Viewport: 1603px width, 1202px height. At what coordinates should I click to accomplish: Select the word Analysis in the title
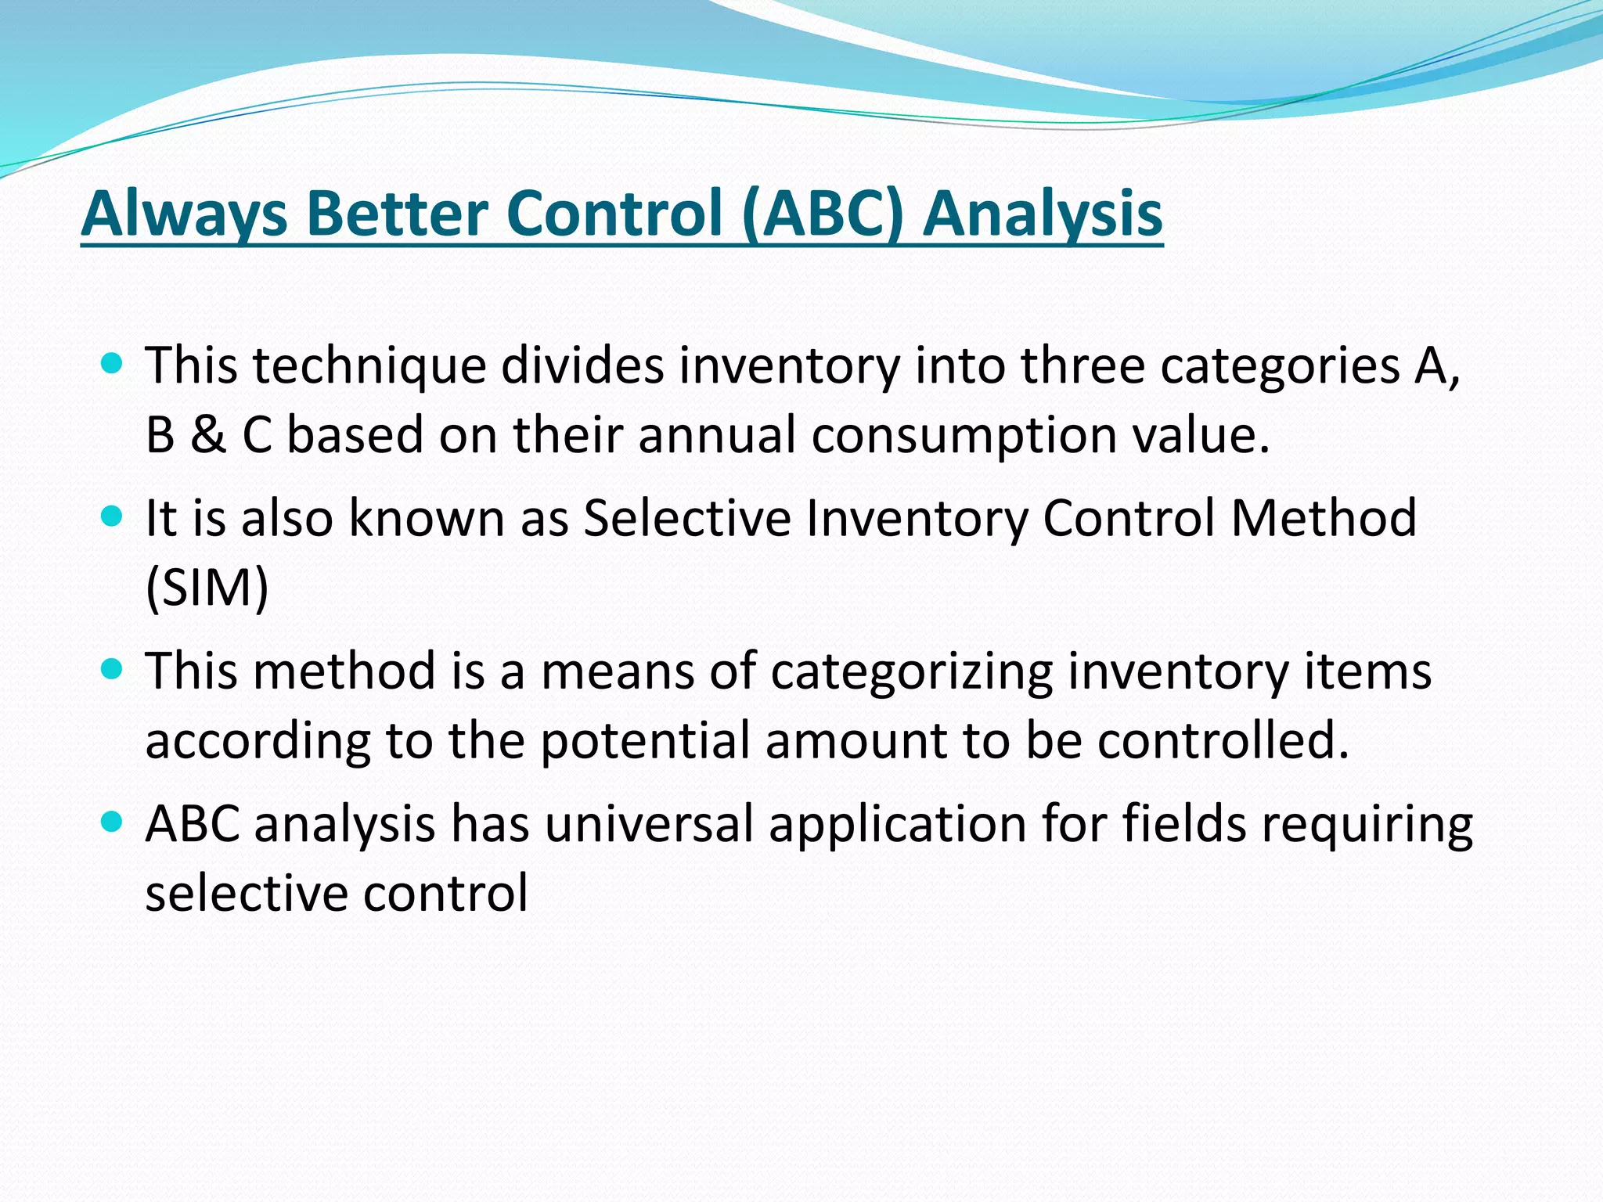coord(1043,213)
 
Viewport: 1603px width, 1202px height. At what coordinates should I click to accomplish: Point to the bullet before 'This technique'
coord(113,363)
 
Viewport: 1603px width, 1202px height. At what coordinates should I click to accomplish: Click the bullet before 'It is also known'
coord(113,516)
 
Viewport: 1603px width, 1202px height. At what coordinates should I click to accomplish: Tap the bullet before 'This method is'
coord(113,669)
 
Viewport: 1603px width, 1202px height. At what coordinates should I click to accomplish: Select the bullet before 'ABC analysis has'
coord(113,822)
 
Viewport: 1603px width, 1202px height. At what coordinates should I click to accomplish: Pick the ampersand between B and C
coord(207,435)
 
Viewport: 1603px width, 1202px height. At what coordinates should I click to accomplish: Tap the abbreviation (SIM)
coord(207,588)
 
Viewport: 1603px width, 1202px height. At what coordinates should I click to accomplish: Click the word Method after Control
coord(1323,518)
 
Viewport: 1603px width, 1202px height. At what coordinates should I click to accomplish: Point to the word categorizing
coord(911,671)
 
